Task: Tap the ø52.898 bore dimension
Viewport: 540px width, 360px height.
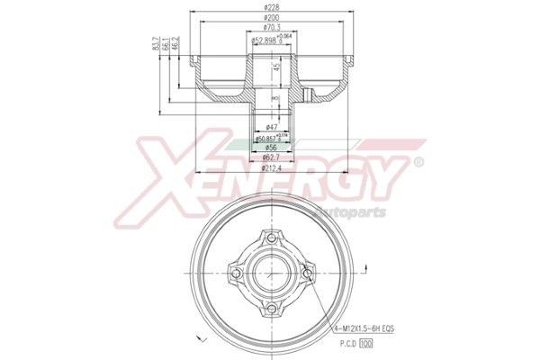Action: pos(267,40)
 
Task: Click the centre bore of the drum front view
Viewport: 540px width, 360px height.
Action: pos(270,274)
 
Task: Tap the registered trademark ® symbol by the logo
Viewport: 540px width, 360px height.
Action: pos(417,162)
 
